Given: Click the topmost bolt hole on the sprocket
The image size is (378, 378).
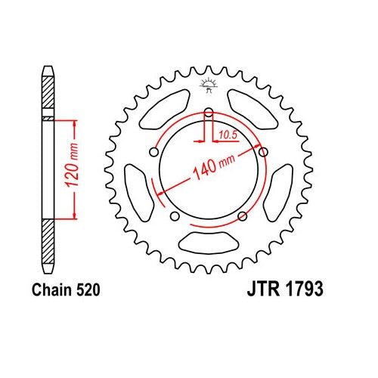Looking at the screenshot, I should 208,113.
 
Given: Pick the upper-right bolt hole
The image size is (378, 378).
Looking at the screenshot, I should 263,153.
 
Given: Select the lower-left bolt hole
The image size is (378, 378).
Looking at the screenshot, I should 175,218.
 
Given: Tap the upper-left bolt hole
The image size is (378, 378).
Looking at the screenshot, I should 153,153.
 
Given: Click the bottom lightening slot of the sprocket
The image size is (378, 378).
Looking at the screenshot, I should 208,243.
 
